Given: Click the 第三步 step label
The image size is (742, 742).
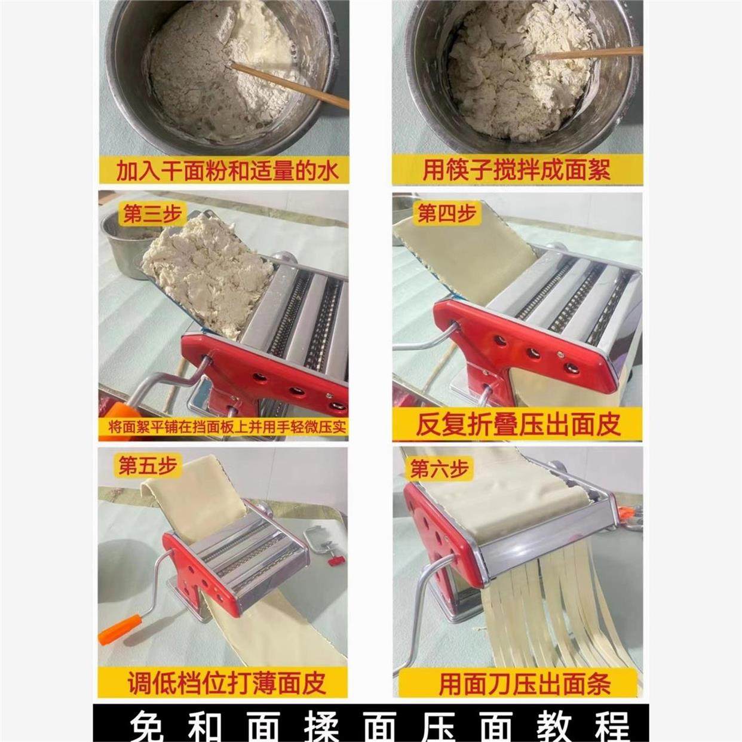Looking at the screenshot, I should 151,214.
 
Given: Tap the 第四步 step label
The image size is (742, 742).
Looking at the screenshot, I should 447,213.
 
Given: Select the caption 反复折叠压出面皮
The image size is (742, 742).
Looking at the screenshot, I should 517,424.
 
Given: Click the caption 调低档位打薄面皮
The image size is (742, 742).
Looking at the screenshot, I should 226,682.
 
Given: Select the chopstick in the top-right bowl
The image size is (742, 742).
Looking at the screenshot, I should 585,54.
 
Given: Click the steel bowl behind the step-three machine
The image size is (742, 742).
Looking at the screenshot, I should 122,245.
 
